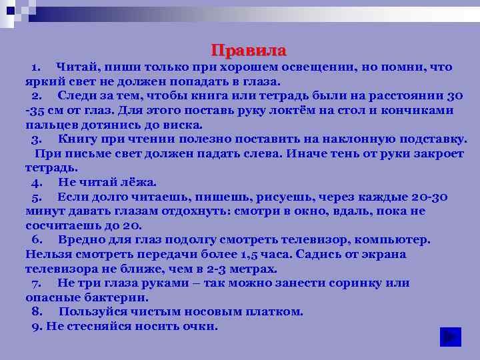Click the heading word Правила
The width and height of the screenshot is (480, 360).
coord(249,51)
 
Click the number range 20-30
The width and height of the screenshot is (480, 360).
coord(425,197)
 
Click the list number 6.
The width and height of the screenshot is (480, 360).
coord(37,240)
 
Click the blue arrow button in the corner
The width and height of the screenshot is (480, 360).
coord(451,337)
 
